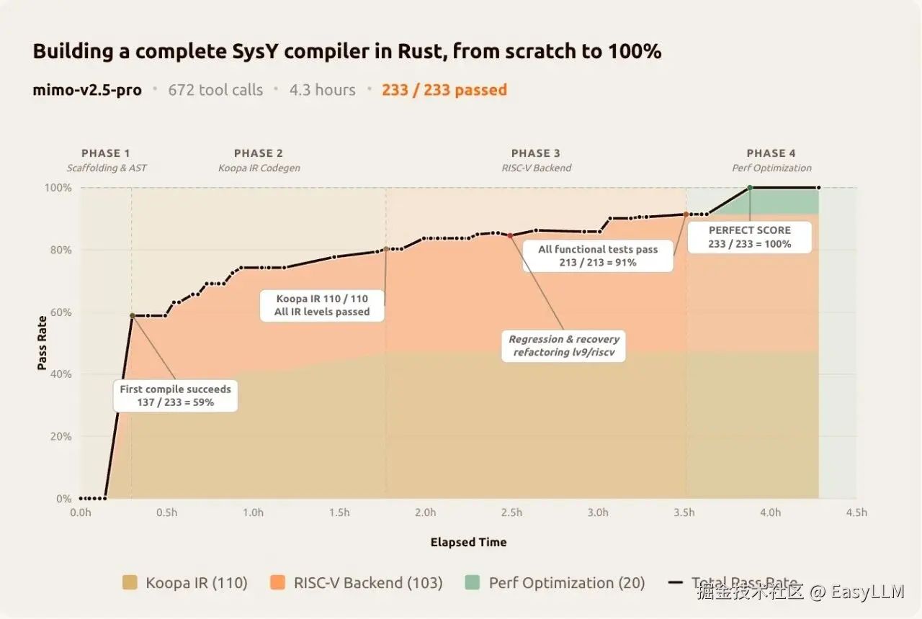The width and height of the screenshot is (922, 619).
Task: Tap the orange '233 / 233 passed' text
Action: pyautogui.click(x=444, y=90)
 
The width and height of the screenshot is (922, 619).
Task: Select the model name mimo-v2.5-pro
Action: pyautogui.click(x=87, y=90)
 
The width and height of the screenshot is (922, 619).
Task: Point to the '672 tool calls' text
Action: pyautogui.click(x=215, y=90)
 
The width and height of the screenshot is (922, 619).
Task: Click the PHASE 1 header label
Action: pyautogui.click(x=106, y=153)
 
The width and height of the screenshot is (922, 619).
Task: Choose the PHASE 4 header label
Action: pyautogui.click(x=771, y=153)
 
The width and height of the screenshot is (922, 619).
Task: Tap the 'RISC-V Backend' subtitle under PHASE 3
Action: pyautogui.click(x=535, y=168)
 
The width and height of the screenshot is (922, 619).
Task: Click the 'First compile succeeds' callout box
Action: pyautogui.click(x=176, y=396)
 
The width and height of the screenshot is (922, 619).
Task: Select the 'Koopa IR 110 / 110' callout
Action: pyautogui.click(x=321, y=305)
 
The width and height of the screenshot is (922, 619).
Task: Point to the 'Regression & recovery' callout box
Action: pyautogui.click(x=564, y=345)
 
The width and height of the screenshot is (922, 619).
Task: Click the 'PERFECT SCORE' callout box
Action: pyautogui.click(x=749, y=237)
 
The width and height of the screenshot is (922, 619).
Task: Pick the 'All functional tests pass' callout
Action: pyautogui.click(x=598, y=256)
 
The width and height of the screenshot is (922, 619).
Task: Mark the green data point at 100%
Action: pyautogui.click(x=750, y=188)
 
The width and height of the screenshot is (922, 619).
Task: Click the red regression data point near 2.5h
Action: pyautogui.click(x=510, y=235)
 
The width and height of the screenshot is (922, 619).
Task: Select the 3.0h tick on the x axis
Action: pyautogui.click(x=598, y=513)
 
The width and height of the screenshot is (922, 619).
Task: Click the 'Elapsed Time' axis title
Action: pyautogui.click(x=468, y=543)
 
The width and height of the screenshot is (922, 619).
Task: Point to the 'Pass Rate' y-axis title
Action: pyautogui.click(x=42, y=343)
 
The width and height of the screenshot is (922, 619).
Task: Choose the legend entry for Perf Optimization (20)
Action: pyautogui.click(x=555, y=583)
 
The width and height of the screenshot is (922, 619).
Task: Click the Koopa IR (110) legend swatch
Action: pyautogui.click(x=130, y=583)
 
